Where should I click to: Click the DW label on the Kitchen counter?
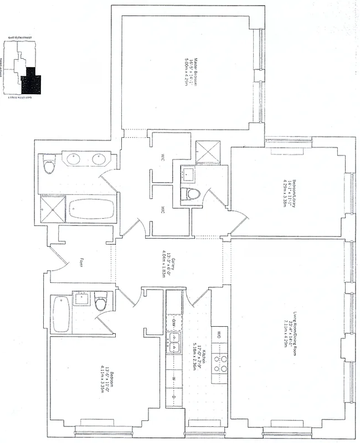tap(173, 321)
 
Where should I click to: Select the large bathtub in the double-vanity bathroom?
tap(91, 209)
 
